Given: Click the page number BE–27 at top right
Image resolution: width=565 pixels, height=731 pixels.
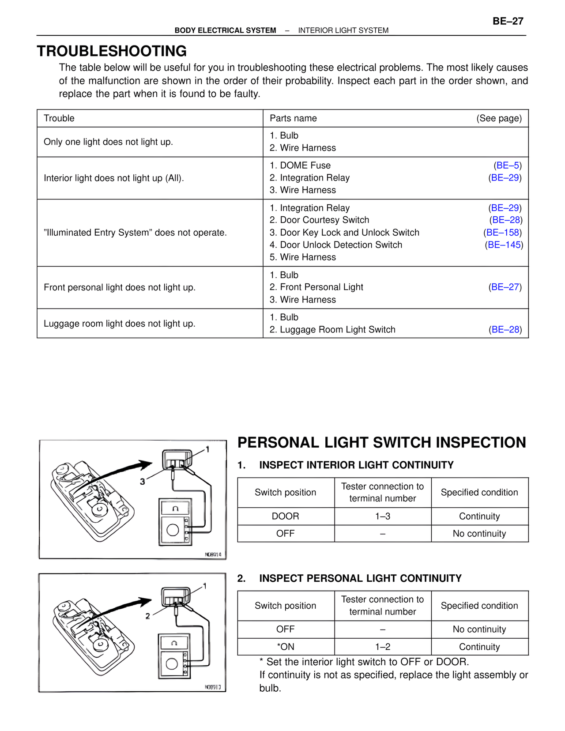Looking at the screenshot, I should (x=508, y=21).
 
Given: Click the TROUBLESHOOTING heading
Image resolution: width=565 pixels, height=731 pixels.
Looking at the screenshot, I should (x=112, y=51).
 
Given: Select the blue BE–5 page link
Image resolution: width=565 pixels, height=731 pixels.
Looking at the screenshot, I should (x=508, y=166).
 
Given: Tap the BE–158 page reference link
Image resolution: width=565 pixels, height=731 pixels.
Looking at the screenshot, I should (x=503, y=233).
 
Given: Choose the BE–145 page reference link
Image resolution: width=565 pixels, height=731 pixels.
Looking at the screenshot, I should (x=504, y=245).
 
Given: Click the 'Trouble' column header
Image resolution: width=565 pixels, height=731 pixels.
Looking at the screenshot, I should (x=59, y=118).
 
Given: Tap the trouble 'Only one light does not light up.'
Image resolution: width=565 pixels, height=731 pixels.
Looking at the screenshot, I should (x=108, y=142).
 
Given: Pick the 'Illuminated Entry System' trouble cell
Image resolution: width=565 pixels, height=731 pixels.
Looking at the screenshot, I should (x=135, y=233).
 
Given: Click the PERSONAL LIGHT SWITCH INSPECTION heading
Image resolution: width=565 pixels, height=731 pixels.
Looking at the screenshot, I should (x=381, y=443).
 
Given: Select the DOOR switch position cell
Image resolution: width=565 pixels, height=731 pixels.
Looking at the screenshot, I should (x=286, y=516).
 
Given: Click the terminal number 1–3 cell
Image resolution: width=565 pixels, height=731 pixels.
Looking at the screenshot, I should (x=383, y=516).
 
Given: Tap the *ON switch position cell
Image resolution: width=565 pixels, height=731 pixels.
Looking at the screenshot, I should (x=286, y=647).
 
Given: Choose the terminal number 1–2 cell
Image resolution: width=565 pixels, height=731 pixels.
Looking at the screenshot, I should (x=383, y=647).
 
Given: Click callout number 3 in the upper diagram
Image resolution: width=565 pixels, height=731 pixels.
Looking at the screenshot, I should (x=142, y=482).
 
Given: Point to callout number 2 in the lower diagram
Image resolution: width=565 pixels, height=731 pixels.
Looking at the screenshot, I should (x=148, y=616).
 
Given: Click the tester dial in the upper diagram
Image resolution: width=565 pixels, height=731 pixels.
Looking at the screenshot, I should (x=173, y=530).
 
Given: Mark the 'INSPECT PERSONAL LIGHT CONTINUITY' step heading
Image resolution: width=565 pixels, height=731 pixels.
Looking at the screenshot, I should (x=360, y=579).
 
